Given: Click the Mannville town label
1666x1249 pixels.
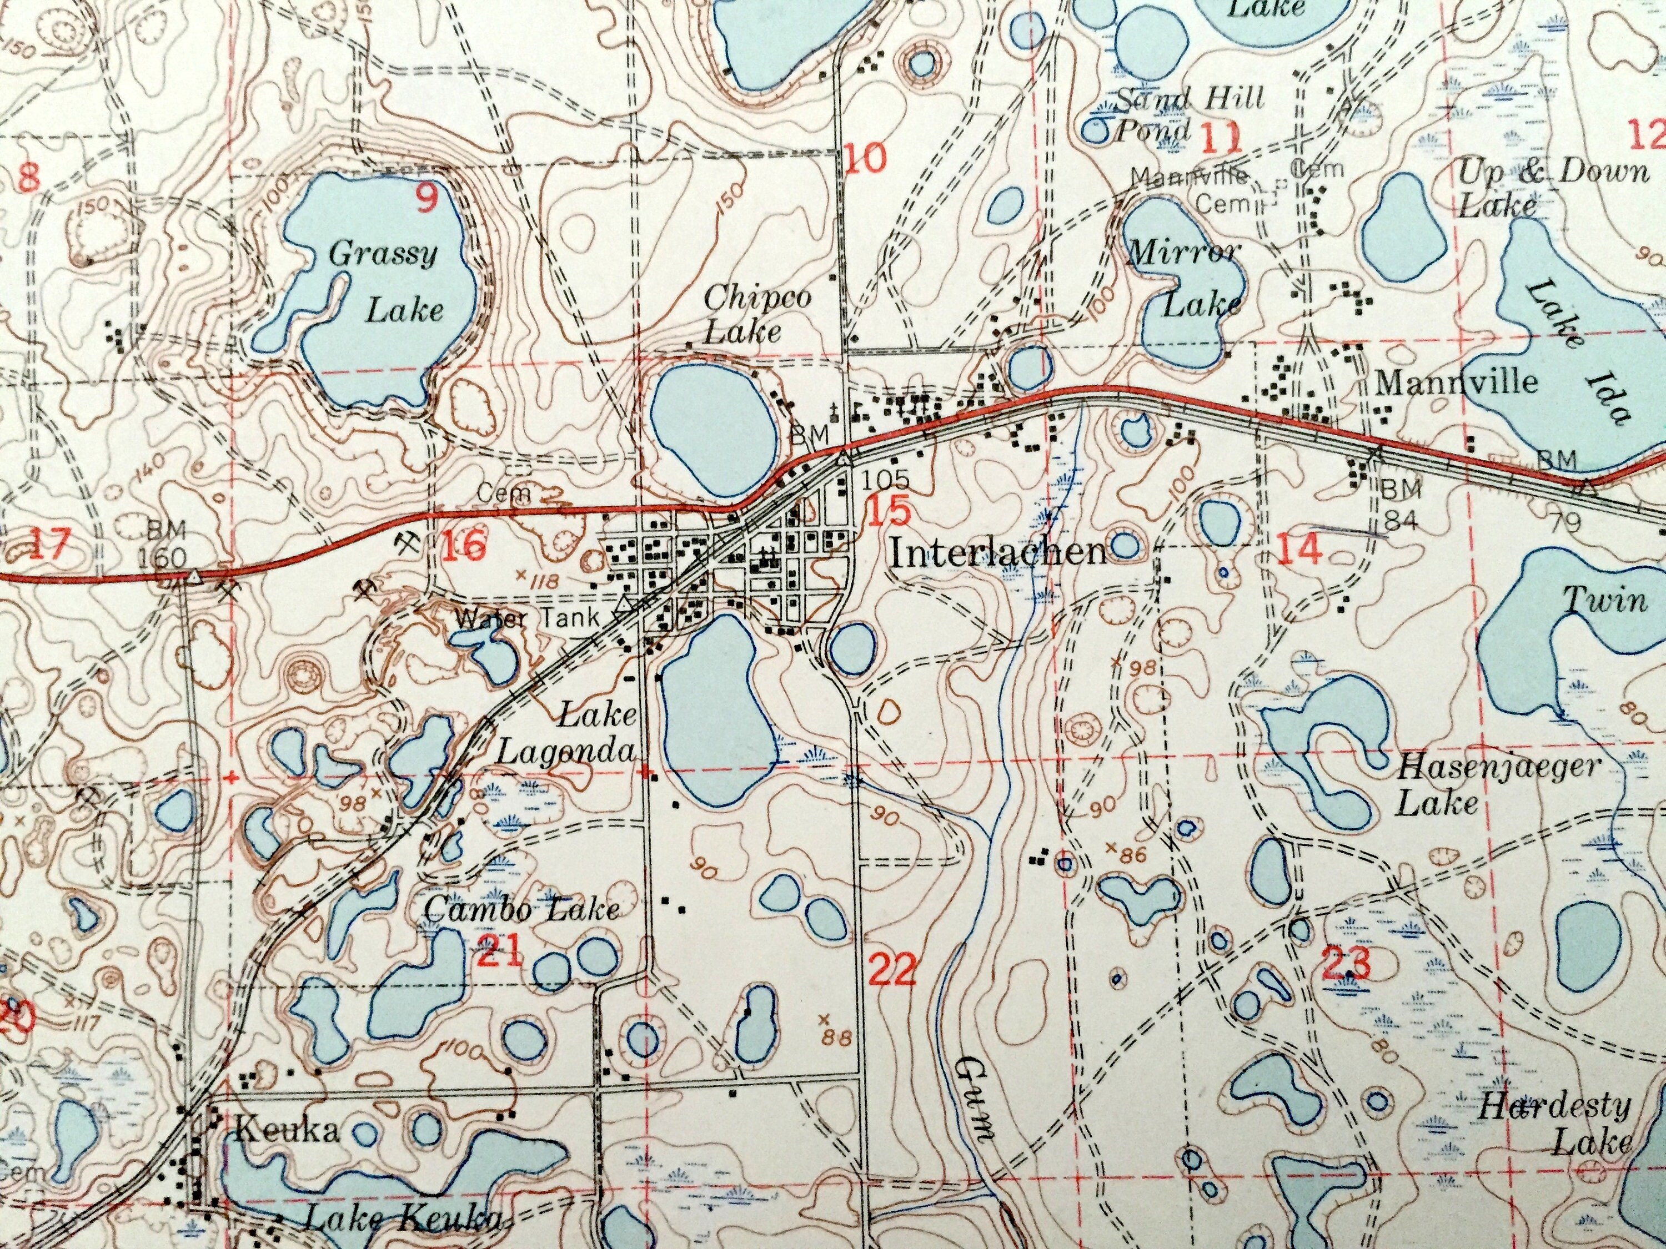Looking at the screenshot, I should (1456, 382).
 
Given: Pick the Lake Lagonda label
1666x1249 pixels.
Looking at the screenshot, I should (566, 732).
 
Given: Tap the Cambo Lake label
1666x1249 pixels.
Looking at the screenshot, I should (521, 909).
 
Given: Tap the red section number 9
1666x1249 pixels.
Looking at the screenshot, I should (426, 198).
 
